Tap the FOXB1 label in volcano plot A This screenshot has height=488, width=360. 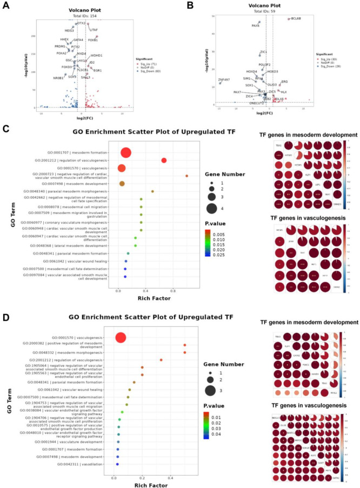[93, 40]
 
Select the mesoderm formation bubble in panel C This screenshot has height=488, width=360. [125, 153]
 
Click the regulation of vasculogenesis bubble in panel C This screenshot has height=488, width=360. [164, 160]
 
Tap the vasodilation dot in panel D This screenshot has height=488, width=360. [117, 463]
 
